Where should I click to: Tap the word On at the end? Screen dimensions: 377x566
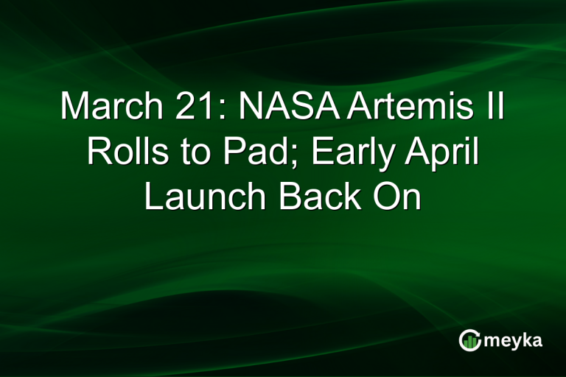[x=399, y=197]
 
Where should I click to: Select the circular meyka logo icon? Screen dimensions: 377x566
[x=469, y=339]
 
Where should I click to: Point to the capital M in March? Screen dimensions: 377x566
[x=75, y=108]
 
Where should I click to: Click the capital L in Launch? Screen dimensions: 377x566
[x=152, y=197]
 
